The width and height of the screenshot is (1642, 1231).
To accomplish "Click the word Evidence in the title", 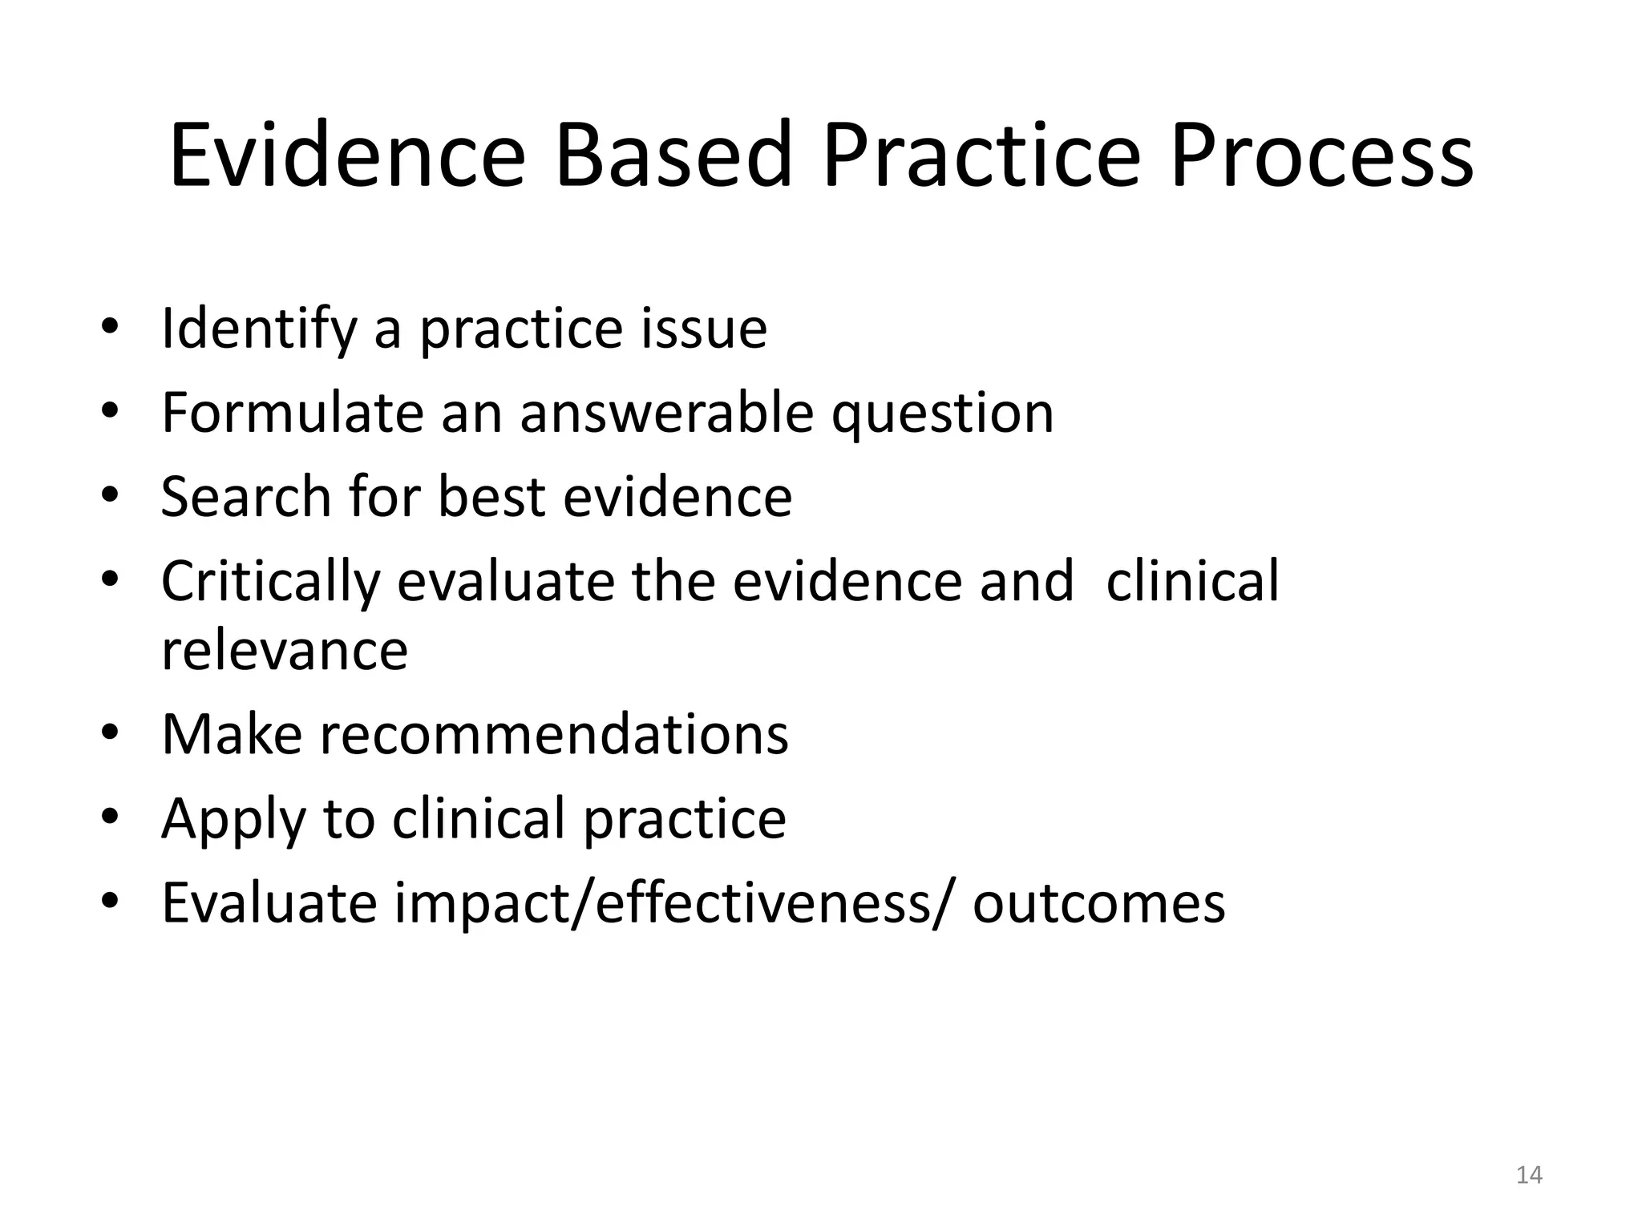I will [347, 155].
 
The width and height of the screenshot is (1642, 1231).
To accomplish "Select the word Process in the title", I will [1320, 155].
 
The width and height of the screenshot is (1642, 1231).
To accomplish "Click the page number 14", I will [1529, 1175].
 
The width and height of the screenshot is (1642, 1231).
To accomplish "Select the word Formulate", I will [292, 414].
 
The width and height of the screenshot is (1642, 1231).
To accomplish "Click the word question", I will [942, 414].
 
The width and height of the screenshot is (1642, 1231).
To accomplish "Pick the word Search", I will [246, 497].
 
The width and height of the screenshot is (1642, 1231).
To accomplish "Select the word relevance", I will [285, 651].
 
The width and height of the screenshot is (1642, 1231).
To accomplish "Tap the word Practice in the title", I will [981, 155].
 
